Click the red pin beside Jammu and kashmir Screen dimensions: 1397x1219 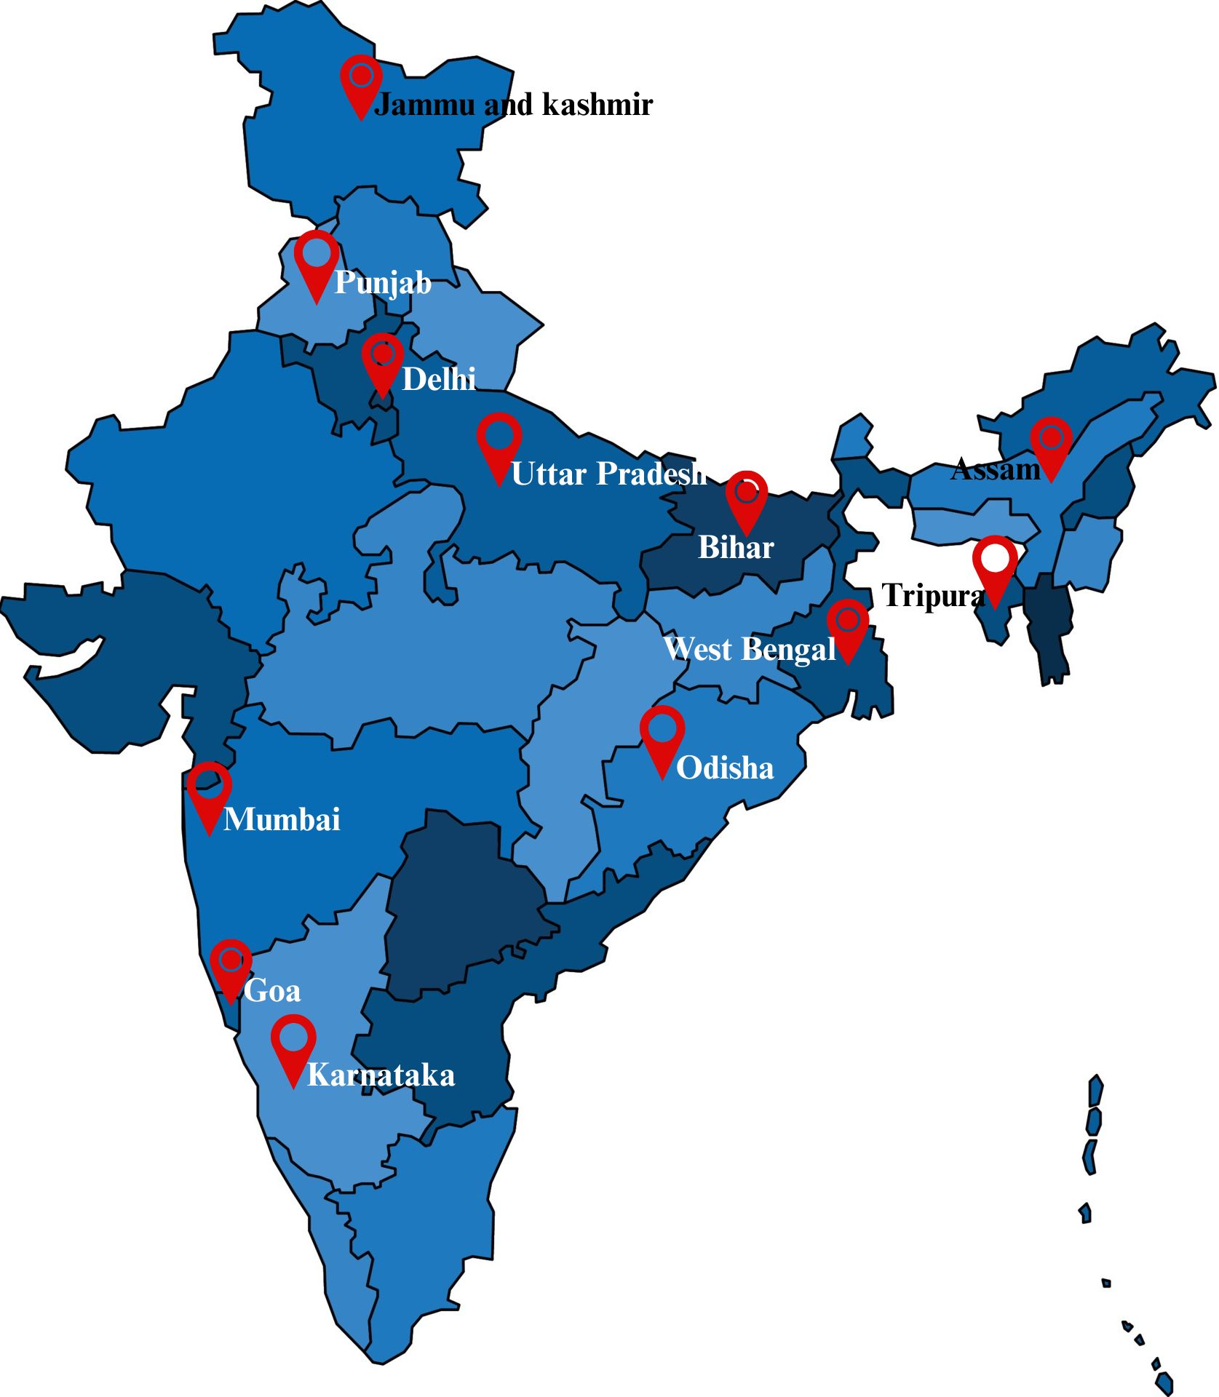click(x=362, y=81)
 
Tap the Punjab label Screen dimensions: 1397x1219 click(x=383, y=282)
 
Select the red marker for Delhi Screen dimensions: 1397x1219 click(x=383, y=360)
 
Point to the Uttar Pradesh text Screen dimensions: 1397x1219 click(x=608, y=474)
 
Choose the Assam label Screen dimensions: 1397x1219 click(x=996, y=469)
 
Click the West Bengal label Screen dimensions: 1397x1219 click(x=750, y=649)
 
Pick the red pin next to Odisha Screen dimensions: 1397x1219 click(x=662, y=735)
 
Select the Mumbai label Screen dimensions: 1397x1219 click(x=282, y=819)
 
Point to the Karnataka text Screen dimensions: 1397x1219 click(x=381, y=1075)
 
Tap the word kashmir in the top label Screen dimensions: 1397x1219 click(x=597, y=105)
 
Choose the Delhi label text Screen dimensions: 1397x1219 click(x=439, y=379)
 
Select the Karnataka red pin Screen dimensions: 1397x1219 click(x=293, y=1044)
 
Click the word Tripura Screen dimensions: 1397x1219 click(x=933, y=596)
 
